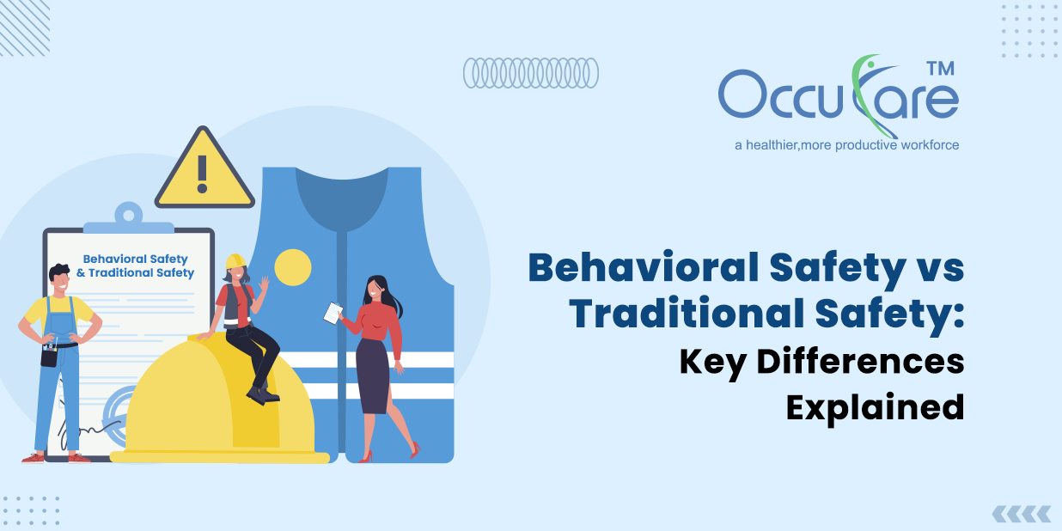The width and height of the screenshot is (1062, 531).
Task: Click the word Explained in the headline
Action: click(875, 406)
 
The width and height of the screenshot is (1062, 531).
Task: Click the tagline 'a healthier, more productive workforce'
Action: click(846, 145)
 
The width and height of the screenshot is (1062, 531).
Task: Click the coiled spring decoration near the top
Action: click(530, 73)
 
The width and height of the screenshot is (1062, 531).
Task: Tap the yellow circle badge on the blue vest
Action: click(292, 267)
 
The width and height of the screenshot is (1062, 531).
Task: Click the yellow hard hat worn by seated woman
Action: click(235, 261)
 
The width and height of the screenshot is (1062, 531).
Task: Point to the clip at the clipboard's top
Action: click(128, 216)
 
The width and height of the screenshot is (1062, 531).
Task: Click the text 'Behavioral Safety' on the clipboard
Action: click(135, 259)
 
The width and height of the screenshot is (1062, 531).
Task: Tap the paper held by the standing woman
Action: click(333, 314)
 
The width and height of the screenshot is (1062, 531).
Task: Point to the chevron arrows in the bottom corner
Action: click(1021, 514)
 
